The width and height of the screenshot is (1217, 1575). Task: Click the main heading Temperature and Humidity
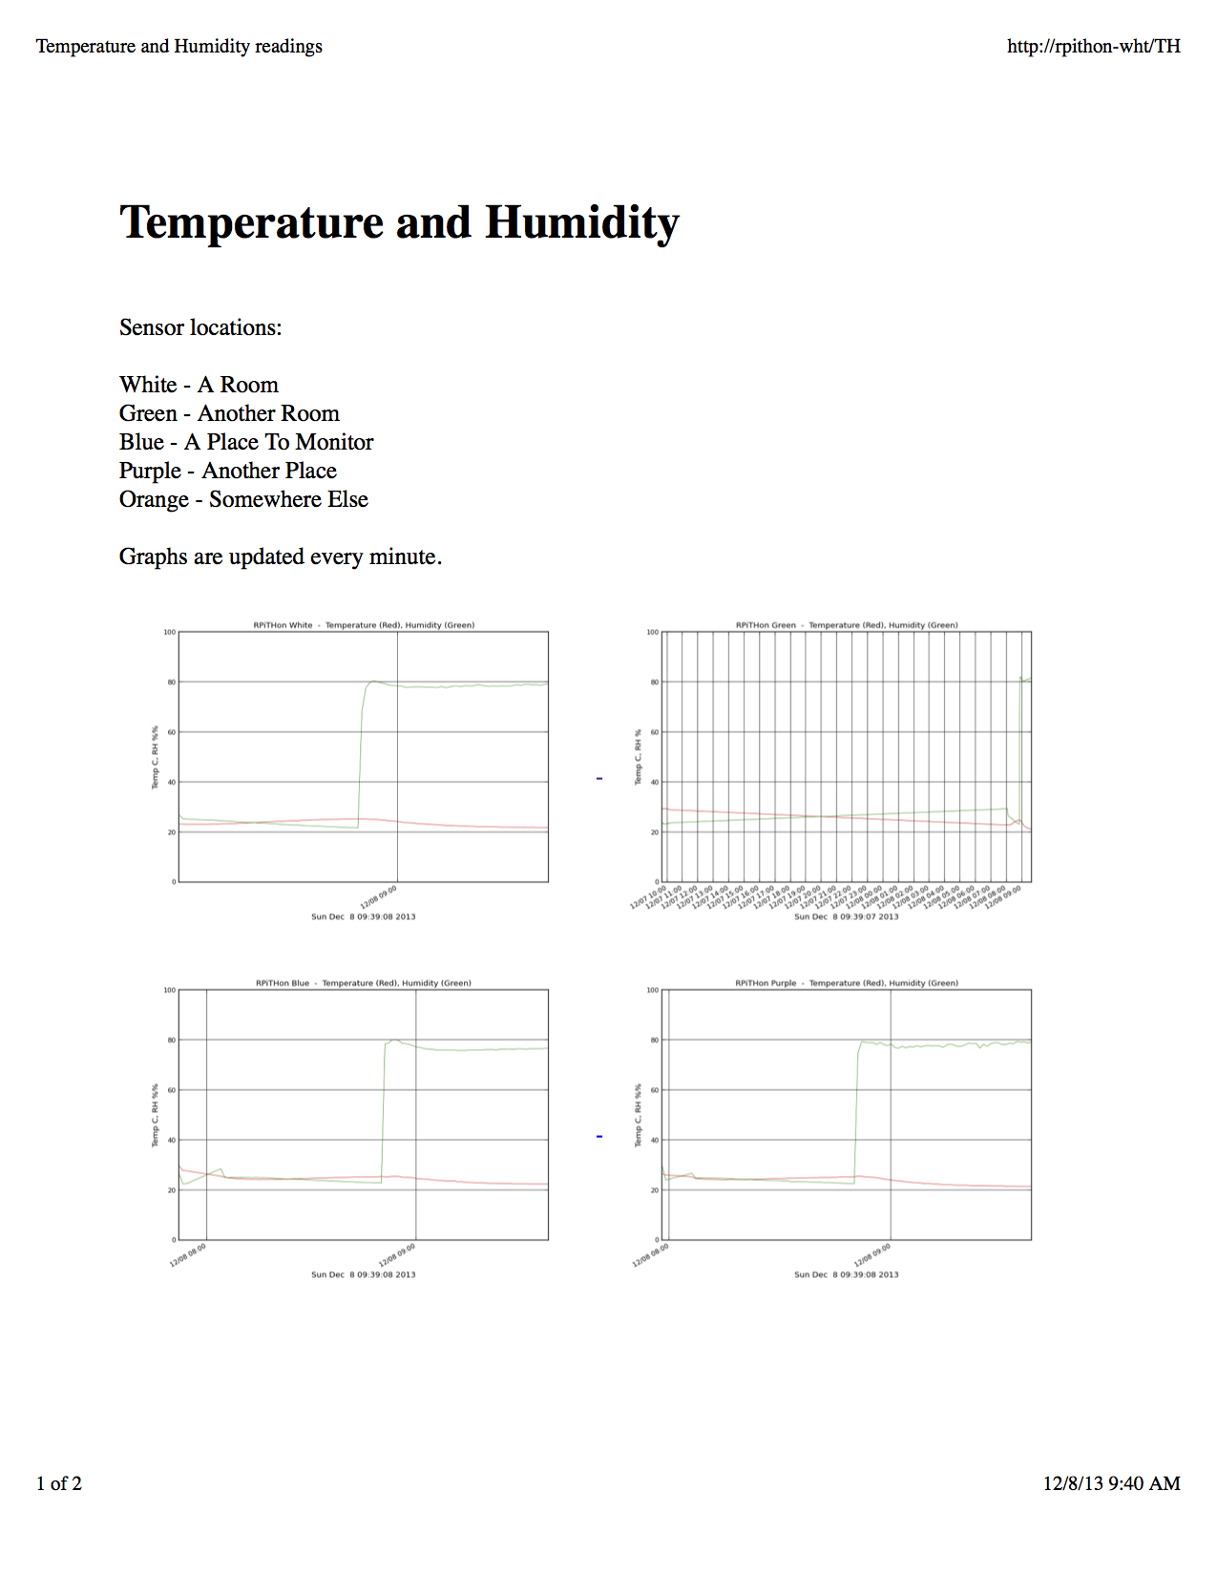click(399, 222)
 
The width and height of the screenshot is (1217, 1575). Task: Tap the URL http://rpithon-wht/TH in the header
click(1093, 46)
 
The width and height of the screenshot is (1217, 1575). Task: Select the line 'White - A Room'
click(199, 385)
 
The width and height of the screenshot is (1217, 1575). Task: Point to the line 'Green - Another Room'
click(229, 413)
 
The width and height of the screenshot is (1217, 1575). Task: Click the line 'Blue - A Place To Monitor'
click(246, 442)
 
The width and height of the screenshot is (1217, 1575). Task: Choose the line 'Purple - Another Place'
click(227, 471)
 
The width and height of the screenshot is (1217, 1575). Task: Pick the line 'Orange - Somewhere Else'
click(243, 499)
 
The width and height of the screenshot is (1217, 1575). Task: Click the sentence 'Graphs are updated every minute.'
click(280, 556)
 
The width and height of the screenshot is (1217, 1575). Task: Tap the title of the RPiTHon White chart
click(364, 625)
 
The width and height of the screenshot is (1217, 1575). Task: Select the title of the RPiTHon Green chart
click(847, 625)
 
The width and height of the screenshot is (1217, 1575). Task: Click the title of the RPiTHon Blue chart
click(364, 983)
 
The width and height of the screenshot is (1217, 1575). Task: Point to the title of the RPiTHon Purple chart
click(847, 983)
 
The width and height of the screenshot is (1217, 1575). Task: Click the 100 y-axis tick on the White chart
click(169, 632)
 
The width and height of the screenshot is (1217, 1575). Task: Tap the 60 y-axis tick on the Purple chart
click(654, 1090)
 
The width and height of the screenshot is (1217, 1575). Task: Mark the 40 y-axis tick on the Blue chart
click(172, 1140)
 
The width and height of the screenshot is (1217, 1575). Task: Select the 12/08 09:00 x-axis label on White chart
click(379, 897)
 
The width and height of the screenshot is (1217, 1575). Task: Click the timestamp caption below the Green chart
click(847, 916)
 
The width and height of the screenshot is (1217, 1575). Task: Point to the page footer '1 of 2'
click(59, 1483)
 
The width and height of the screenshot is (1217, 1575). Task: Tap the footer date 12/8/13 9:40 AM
click(1111, 1483)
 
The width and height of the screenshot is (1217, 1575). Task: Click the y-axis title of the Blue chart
click(155, 1115)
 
